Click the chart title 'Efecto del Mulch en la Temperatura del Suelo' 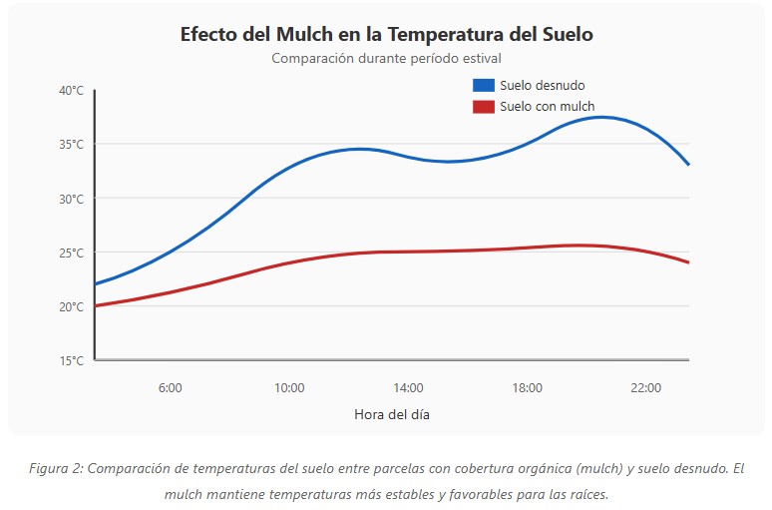[x=386, y=34]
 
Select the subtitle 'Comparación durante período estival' [x=386, y=58]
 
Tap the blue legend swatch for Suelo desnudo [x=484, y=85]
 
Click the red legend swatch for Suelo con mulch [x=484, y=107]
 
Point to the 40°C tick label [x=71, y=91]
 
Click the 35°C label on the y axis [x=71, y=145]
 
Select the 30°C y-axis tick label [x=71, y=199]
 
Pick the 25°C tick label [x=71, y=253]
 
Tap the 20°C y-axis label [x=71, y=306]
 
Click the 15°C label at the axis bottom [x=71, y=360]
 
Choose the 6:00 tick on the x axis [x=170, y=387]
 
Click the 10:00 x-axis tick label [x=289, y=387]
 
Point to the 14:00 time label [x=408, y=387]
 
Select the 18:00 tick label [x=527, y=387]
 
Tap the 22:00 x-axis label [x=646, y=387]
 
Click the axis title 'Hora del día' [x=392, y=413]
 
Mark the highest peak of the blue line [x=600, y=117]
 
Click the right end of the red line [x=688, y=262]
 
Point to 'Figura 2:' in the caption [x=56, y=469]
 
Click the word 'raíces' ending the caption [x=585, y=493]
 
